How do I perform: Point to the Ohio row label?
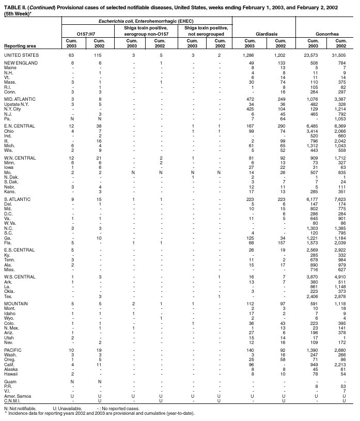tap(9, 130)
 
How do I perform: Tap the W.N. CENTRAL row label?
tap(19, 158)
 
